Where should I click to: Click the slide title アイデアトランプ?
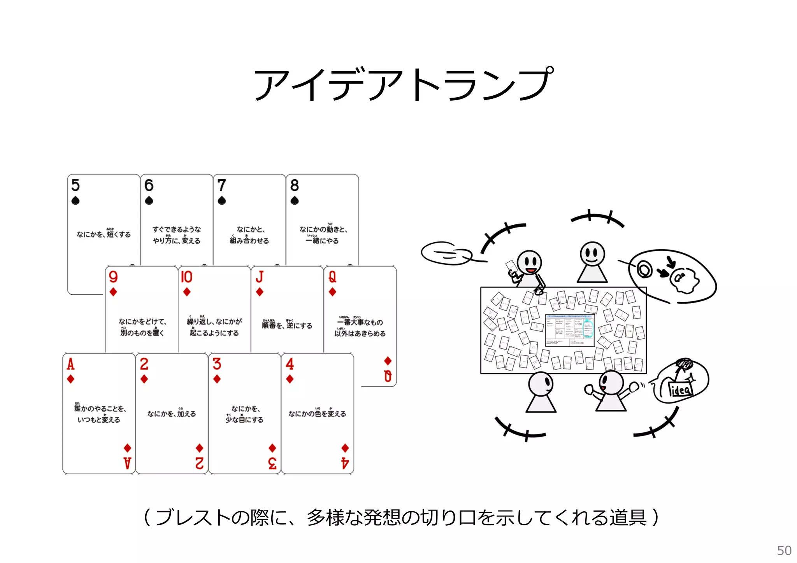point(403,84)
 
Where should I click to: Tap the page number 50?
point(784,551)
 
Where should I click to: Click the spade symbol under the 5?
point(75,201)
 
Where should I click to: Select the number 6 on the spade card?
point(149,185)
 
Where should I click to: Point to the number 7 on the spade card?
point(221,185)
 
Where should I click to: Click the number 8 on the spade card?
point(295,185)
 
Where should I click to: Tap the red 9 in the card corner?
point(113,277)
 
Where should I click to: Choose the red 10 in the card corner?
point(186,277)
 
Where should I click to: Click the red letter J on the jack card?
point(260,277)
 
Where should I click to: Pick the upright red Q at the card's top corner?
point(332,277)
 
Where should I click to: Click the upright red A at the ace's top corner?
point(70,364)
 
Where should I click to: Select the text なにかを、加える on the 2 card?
point(172,414)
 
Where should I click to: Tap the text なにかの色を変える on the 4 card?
point(317,414)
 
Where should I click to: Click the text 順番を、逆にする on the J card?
point(287,325)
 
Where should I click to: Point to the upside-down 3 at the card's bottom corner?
point(272,463)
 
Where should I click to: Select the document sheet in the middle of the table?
point(570,330)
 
